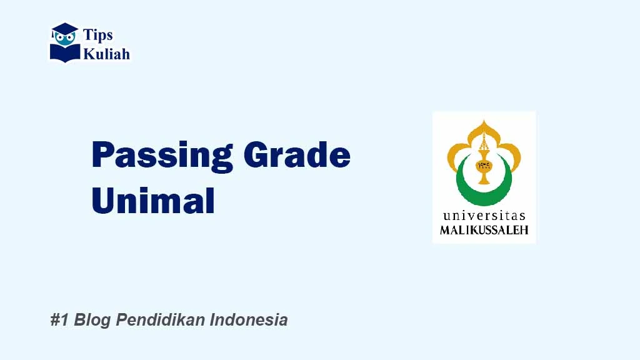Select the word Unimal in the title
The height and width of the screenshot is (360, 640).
point(153,201)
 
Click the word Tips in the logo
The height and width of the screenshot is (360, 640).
point(98,35)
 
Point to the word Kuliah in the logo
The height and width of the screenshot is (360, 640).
point(107,54)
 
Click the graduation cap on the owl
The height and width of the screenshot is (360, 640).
point(64,29)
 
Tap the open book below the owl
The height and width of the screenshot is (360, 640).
point(65,52)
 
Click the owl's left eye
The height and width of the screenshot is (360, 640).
point(60,38)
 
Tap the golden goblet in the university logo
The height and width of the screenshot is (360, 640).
point(484,166)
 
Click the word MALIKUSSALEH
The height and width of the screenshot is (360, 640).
point(484,229)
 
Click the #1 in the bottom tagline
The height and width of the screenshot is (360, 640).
point(59,320)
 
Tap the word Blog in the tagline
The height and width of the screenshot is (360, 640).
point(92,320)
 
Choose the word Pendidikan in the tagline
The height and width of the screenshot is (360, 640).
point(161,320)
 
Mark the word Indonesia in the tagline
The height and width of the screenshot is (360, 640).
point(249,320)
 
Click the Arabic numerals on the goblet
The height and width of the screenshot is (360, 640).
point(484,166)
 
